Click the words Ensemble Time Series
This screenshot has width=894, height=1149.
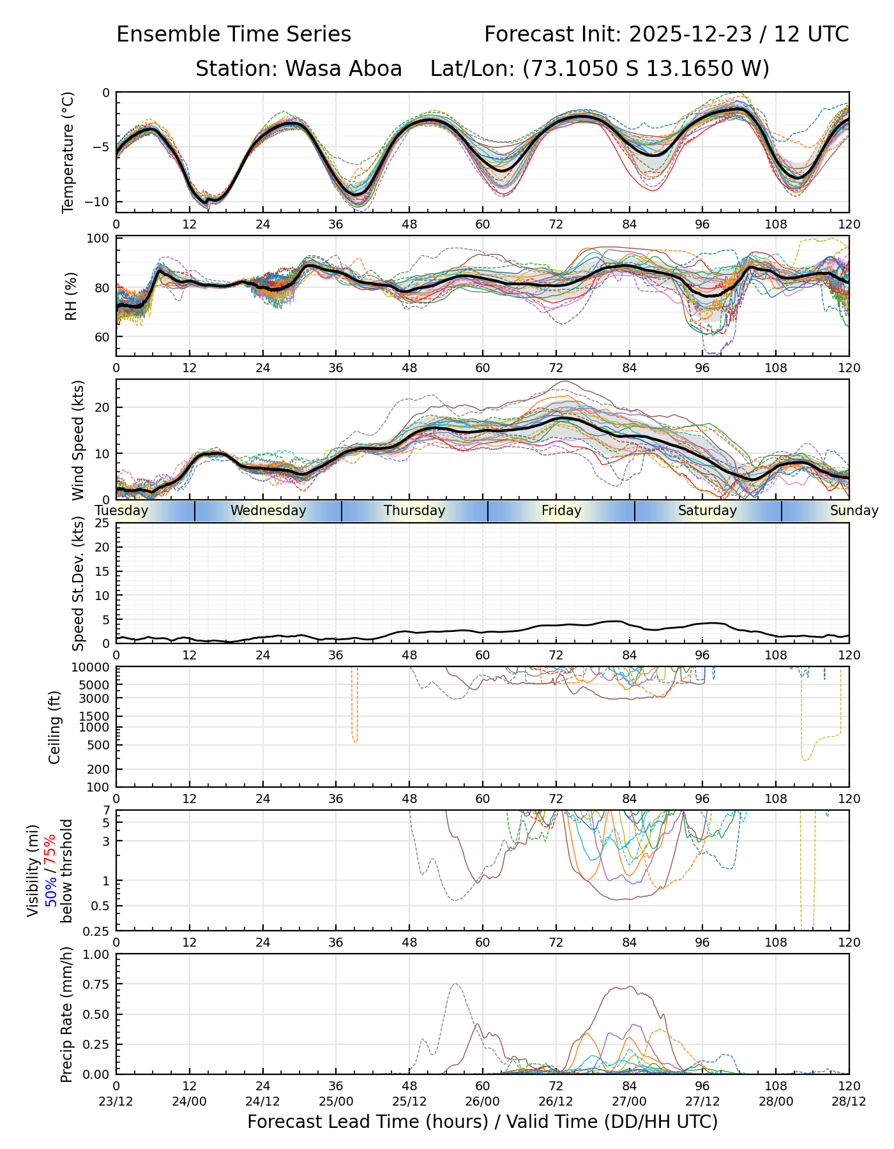coord(234,34)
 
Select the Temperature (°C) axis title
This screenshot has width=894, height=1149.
coord(68,152)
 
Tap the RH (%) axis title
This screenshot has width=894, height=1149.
coord(71,296)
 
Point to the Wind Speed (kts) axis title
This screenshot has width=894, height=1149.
coord(78,440)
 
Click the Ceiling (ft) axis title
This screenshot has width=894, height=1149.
coord(56,727)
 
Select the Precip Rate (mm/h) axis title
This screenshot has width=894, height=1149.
coord(67,1014)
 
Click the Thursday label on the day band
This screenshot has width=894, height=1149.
coord(414,511)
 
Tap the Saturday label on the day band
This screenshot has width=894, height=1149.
coord(708,511)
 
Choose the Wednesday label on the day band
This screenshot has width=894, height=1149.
coord(268,511)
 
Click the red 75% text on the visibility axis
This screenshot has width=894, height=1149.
coord(50,848)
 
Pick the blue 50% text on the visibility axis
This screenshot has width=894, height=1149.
coord(50,890)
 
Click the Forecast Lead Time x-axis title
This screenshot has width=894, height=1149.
coord(482,1122)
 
